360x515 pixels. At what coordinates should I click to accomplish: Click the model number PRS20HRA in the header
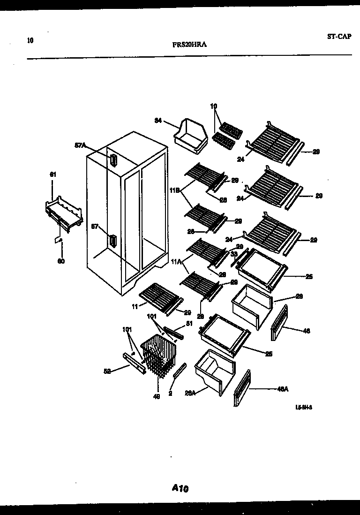click(190, 45)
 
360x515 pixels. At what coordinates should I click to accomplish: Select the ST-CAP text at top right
click(338, 37)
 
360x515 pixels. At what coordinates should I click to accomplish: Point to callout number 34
click(158, 121)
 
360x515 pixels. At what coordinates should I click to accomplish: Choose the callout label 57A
click(81, 145)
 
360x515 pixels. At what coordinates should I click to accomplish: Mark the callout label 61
click(52, 174)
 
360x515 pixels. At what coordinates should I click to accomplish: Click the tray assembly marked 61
click(65, 213)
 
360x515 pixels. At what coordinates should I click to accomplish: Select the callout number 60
click(61, 261)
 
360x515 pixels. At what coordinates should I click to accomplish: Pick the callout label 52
click(107, 371)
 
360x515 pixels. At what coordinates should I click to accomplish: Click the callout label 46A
click(283, 389)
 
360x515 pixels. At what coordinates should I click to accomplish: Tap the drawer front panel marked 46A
click(241, 389)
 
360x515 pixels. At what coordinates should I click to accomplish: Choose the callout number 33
click(233, 254)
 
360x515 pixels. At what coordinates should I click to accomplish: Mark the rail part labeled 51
click(174, 333)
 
